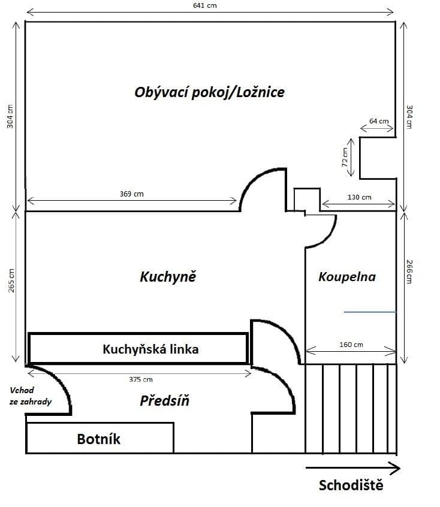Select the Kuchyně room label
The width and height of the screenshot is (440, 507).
coord(168,277)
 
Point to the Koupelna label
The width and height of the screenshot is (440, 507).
coord(347,277)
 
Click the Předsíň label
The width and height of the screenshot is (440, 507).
coord(164,401)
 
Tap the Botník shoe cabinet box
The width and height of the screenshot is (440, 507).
coord(100,438)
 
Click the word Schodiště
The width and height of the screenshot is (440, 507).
coord(351,485)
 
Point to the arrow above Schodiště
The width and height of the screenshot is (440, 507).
coord(352,467)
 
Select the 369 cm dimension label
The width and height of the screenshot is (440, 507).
coord(132,194)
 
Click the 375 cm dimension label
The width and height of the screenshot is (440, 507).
coord(141,379)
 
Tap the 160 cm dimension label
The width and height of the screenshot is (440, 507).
coord(351,345)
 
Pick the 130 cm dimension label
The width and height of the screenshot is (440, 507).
coord(359,197)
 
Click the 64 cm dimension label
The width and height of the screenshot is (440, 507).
coord(378,121)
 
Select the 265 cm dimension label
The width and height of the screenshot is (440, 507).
coord(11,279)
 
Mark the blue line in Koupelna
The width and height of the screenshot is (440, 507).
coord(370,312)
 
